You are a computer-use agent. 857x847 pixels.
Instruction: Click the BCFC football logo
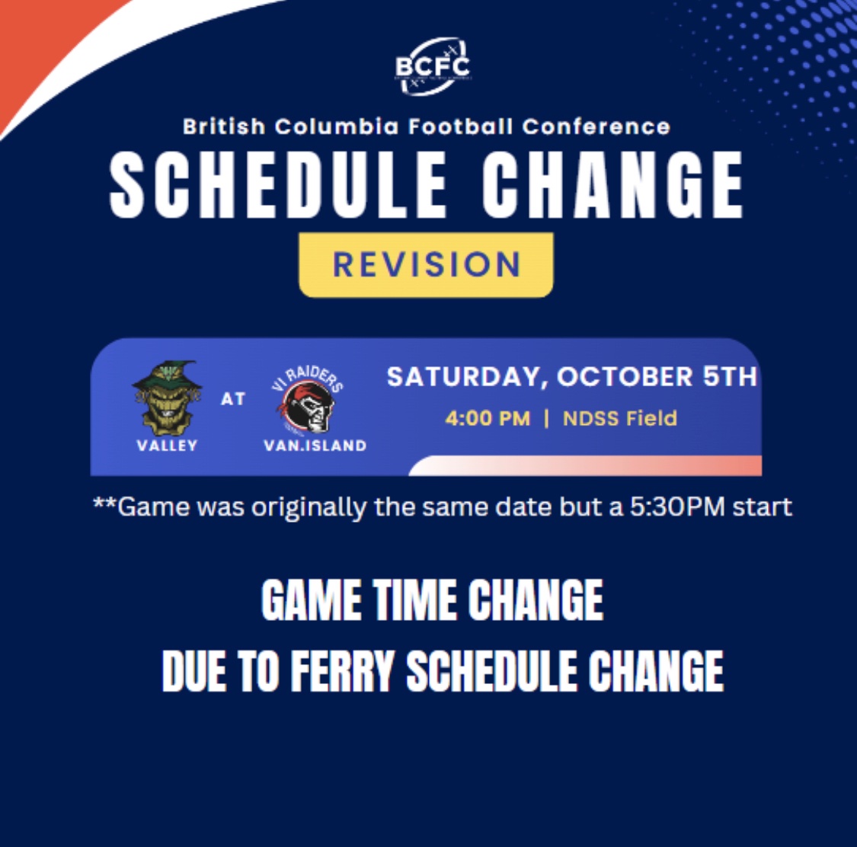click(432, 66)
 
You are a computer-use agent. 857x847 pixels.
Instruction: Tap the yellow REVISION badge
click(426, 264)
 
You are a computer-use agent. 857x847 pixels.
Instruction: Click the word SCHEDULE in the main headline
click(279, 185)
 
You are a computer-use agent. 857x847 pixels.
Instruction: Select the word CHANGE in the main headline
click(612, 185)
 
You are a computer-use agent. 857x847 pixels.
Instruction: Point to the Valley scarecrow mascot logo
click(167, 398)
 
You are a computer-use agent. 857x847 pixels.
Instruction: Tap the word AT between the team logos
click(233, 399)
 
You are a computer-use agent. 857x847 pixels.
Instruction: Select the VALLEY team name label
click(167, 446)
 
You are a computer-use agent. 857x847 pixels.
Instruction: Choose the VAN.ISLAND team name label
click(315, 446)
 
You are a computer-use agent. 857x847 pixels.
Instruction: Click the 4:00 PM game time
click(488, 418)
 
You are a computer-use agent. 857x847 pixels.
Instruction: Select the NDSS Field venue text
click(619, 418)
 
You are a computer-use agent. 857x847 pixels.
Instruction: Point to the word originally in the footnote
click(309, 507)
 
